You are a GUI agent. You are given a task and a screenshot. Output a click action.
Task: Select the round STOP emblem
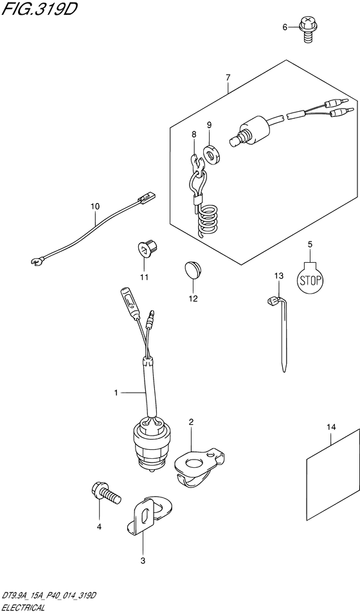click(310, 280)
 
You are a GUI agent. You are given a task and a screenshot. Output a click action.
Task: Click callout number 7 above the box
click(228, 78)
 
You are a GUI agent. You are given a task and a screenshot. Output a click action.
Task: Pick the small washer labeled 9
click(212, 154)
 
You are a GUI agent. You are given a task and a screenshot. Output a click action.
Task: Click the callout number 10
click(95, 206)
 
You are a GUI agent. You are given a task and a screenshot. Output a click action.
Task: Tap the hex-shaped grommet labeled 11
click(148, 248)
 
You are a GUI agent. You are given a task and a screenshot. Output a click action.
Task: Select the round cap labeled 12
click(192, 271)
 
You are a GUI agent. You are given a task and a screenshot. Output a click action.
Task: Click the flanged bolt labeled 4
click(105, 493)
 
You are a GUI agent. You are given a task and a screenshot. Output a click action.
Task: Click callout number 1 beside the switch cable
click(116, 392)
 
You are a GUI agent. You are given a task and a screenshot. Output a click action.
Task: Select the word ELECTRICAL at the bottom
click(22, 609)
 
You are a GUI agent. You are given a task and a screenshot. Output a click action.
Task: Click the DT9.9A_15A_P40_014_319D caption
click(49, 596)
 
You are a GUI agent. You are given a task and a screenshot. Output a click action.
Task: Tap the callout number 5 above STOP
click(310, 245)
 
